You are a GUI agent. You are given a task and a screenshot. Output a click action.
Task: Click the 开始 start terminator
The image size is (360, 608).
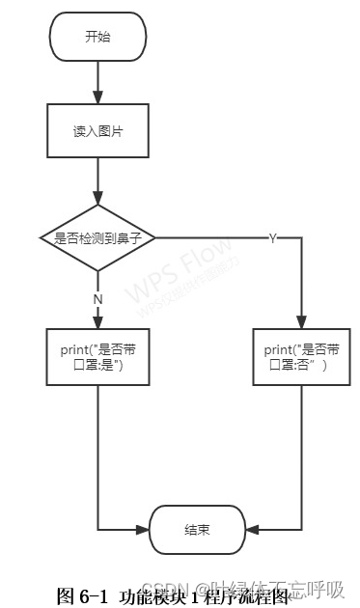click(x=97, y=37)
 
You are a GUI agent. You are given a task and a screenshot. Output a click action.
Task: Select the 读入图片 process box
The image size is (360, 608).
click(x=97, y=131)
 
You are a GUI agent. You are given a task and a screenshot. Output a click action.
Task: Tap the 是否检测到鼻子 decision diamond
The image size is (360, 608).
click(x=97, y=237)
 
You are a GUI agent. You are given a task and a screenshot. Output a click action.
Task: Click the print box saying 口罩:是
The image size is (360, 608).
click(x=97, y=358)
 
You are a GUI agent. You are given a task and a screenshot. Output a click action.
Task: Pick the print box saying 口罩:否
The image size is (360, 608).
click(x=302, y=358)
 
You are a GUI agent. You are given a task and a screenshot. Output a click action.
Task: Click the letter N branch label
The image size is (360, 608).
click(x=97, y=299)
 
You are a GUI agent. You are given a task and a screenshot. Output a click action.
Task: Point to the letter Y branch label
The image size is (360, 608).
click(x=272, y=238)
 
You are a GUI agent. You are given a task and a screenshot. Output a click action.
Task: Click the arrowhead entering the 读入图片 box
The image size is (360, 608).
click(x=97, y=99)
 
